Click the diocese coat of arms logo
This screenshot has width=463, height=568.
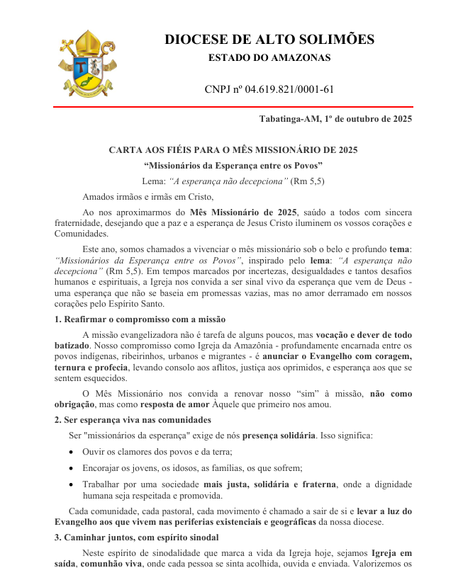[x=84, y=63]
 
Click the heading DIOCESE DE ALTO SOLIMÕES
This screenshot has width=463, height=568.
[x=269, y=40]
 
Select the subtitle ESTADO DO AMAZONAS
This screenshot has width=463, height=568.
[x=269, y=58]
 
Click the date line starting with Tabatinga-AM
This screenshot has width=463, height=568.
[x=335, y=119]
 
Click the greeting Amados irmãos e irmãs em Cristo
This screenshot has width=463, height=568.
[x=147, y=197]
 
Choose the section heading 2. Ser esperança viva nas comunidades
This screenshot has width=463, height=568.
[x=133, y=420]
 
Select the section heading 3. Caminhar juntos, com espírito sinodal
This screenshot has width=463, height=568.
[x=138, y=538]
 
